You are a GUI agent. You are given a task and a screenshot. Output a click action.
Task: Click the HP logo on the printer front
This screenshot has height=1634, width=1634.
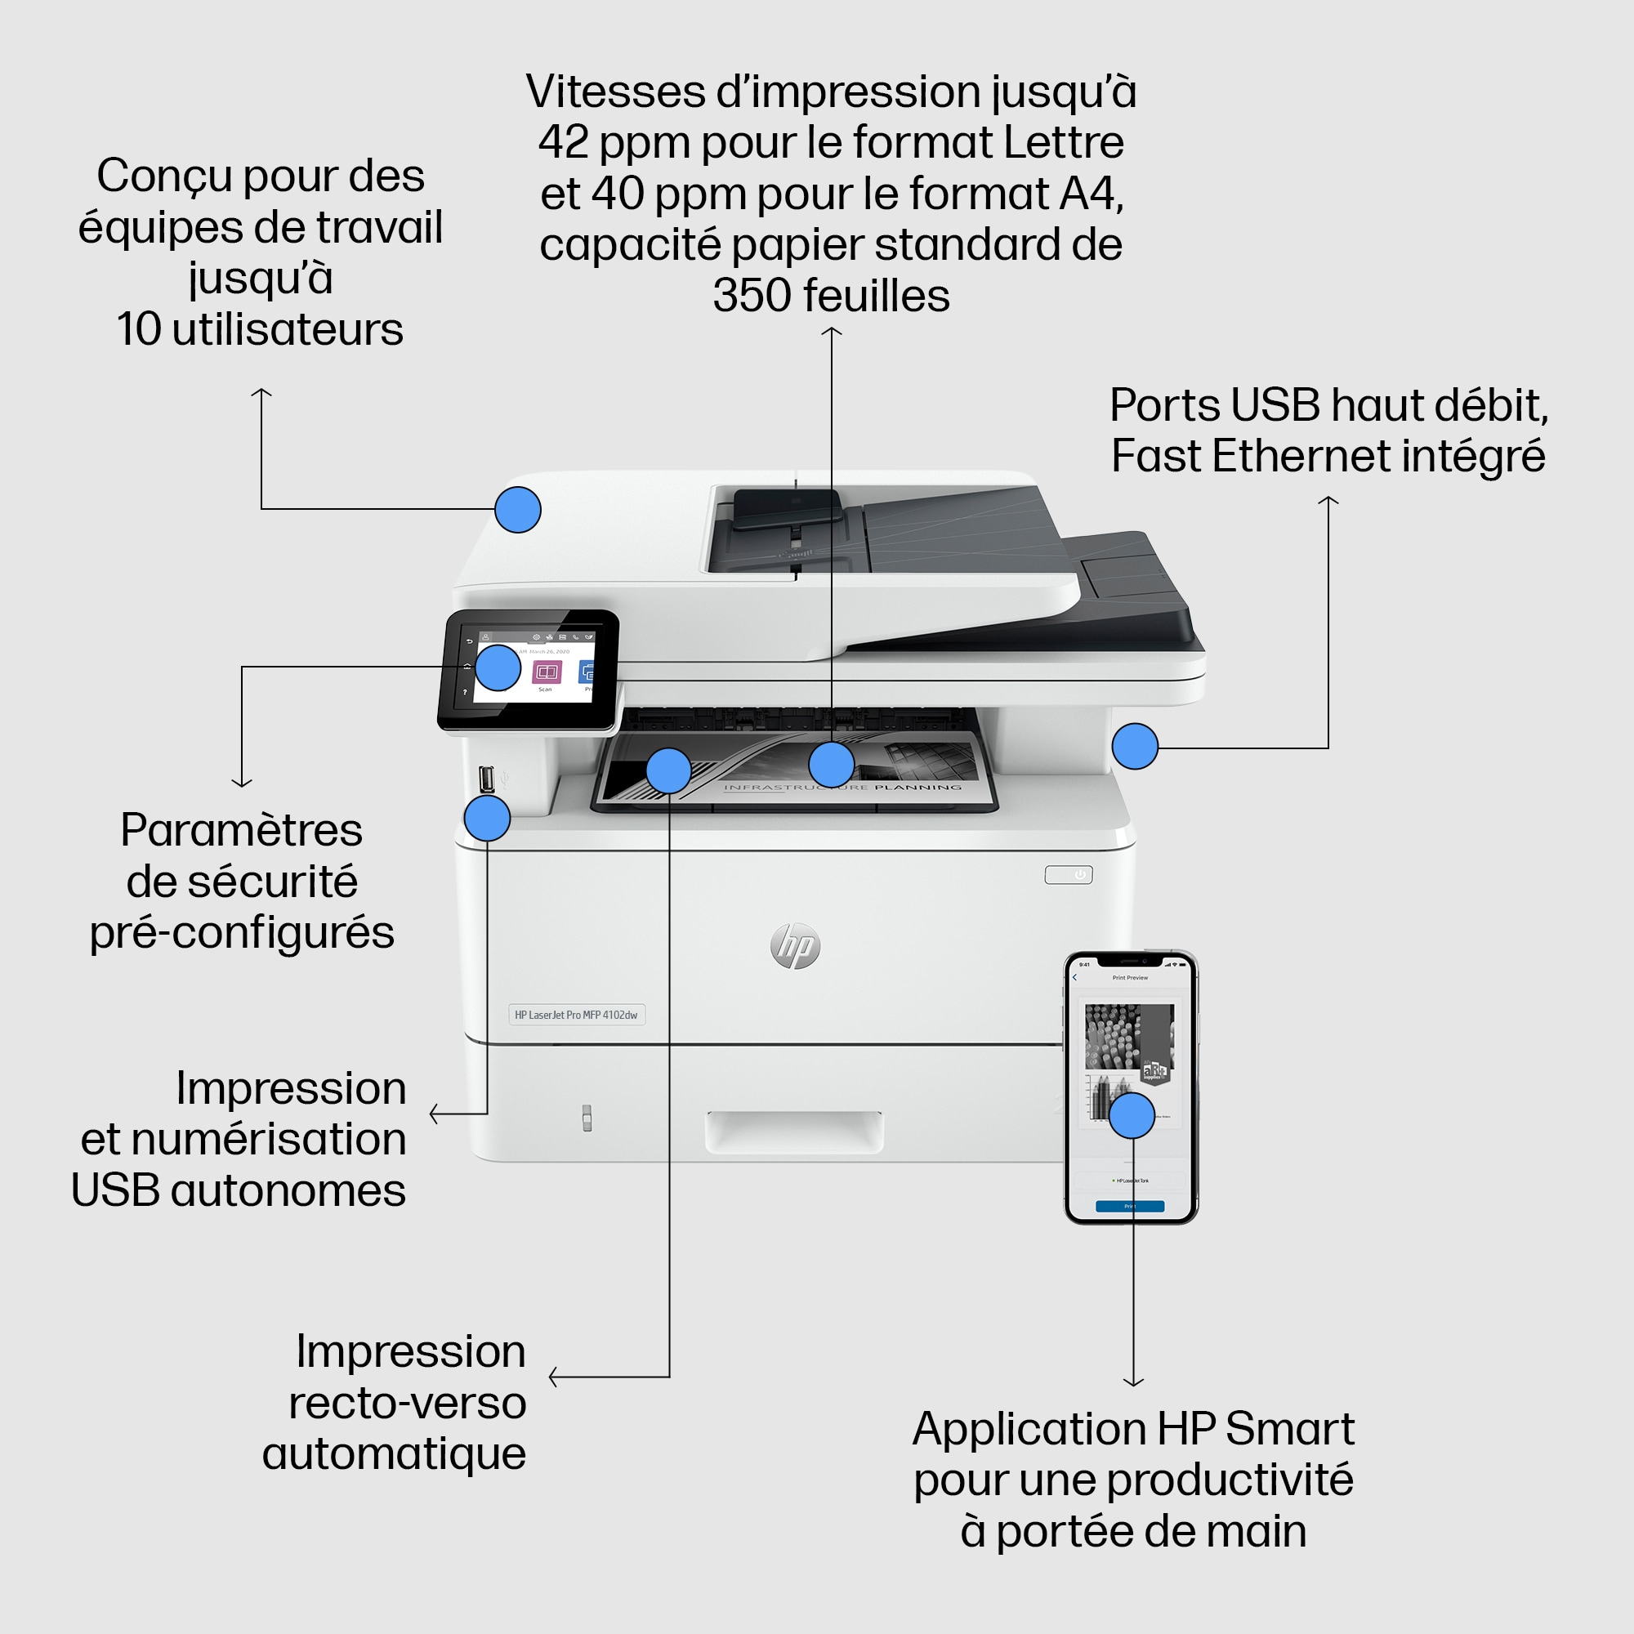click(x=795, y=945)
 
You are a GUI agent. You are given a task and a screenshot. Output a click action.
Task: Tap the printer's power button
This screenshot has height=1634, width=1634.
click(x=1068, y=874)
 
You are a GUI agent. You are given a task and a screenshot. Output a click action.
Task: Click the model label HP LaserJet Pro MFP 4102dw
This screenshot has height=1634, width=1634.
click(x=576, y=1014)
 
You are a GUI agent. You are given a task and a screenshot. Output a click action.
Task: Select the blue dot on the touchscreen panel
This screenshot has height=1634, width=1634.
click(x=498, y=667)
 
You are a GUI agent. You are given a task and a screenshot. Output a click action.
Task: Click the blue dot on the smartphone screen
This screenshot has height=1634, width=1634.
click(x=1132, y=1115)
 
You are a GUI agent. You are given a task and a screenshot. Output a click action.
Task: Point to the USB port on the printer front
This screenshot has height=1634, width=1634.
click(x=486, y=778)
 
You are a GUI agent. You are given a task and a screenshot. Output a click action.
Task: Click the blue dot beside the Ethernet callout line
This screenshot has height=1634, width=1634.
click(x=1134, y=746)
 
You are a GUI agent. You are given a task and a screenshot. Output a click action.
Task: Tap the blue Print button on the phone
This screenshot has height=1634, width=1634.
click(x=1129, y=1206)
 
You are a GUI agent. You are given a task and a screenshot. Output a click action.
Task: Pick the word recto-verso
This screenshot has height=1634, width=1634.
click(x=408, y=1402)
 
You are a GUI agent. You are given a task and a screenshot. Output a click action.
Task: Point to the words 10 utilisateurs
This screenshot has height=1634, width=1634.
click(x=260, y=329)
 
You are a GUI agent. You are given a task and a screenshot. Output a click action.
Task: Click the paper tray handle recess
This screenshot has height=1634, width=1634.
click(x=794, y=1132)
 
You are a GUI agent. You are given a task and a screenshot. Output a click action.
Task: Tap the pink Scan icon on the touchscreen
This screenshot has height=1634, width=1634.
click(x=547, y=672)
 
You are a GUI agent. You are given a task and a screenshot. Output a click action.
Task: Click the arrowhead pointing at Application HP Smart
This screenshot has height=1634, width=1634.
click(x=1133, y=1383)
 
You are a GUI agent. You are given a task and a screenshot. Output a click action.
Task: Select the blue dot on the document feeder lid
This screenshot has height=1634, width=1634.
click(x=518, y=509)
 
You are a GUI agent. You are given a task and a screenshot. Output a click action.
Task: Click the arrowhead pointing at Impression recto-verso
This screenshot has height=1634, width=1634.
click(x=553, y=1377)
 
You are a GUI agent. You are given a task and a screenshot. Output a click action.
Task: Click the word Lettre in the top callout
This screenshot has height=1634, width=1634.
click(x=1063, y=142)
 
